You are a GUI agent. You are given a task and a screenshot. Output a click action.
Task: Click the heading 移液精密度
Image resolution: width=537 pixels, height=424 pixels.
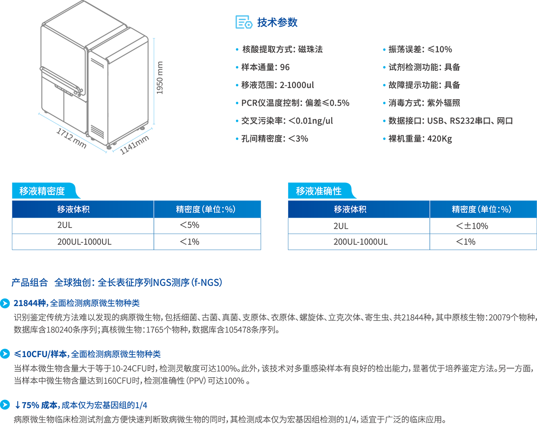(x=42, y=191)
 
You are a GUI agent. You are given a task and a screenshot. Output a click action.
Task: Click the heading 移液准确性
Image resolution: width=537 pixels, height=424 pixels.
(x=319, y=191)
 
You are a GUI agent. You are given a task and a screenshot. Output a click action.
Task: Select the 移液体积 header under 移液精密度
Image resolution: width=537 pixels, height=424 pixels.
(x=73, y=209)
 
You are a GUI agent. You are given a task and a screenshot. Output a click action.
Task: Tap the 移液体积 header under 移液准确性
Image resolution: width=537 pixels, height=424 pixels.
(x=350, y=209)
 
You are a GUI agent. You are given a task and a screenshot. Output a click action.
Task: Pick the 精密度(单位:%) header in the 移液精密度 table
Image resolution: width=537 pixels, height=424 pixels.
(x=205, y=209)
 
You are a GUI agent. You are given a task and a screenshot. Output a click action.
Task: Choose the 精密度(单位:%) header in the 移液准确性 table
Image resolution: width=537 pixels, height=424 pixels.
(x=481, y=209)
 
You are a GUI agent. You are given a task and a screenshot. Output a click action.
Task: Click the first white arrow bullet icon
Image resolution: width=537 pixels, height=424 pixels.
(x=5, y=303)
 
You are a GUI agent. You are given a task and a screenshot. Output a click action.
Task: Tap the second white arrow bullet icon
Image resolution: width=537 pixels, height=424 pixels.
(x=5, y=354)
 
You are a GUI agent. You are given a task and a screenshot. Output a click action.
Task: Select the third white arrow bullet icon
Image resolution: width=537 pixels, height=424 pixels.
(x=5, y=404)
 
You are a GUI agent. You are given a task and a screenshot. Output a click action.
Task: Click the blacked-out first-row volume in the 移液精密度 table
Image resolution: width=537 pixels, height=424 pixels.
(x=65, y=225)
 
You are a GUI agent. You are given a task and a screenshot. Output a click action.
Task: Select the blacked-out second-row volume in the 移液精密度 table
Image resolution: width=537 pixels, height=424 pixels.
(x=84, y=242)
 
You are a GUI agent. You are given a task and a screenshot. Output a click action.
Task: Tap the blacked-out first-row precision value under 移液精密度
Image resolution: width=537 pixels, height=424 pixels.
(x=190, y=225)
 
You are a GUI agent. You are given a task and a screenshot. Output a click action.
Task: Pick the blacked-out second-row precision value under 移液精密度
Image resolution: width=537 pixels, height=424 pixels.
(x=190, y=242)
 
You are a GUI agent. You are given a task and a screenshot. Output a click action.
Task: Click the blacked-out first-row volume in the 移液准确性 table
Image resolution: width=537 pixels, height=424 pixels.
(x=341, y=225)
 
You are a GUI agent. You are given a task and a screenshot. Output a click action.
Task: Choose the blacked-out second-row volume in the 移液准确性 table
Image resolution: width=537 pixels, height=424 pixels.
(x=361, y=242)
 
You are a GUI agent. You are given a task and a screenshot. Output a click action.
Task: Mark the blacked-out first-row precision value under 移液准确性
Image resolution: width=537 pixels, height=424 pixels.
(x=471, y=226)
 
